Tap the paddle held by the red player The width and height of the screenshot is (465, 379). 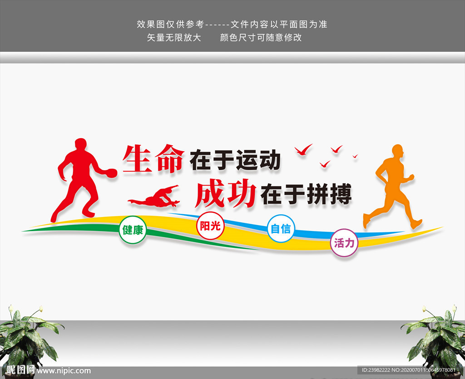click(110, 172)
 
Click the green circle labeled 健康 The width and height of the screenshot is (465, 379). click(133, 230)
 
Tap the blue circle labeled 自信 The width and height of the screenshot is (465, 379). click(281, 228)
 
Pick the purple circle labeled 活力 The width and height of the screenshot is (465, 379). click(344, 243)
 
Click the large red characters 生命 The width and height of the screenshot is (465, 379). click(153, 158)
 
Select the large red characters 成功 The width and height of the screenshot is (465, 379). click(225, 194)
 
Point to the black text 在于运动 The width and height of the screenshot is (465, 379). click(235, 160)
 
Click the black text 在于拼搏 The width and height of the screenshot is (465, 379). click(306, 195)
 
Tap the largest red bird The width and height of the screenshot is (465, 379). click(303, 149)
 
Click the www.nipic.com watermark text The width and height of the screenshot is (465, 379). click(64, 371)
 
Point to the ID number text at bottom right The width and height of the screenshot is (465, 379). click(408, 371)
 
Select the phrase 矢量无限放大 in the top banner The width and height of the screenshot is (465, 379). click(174, 38)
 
